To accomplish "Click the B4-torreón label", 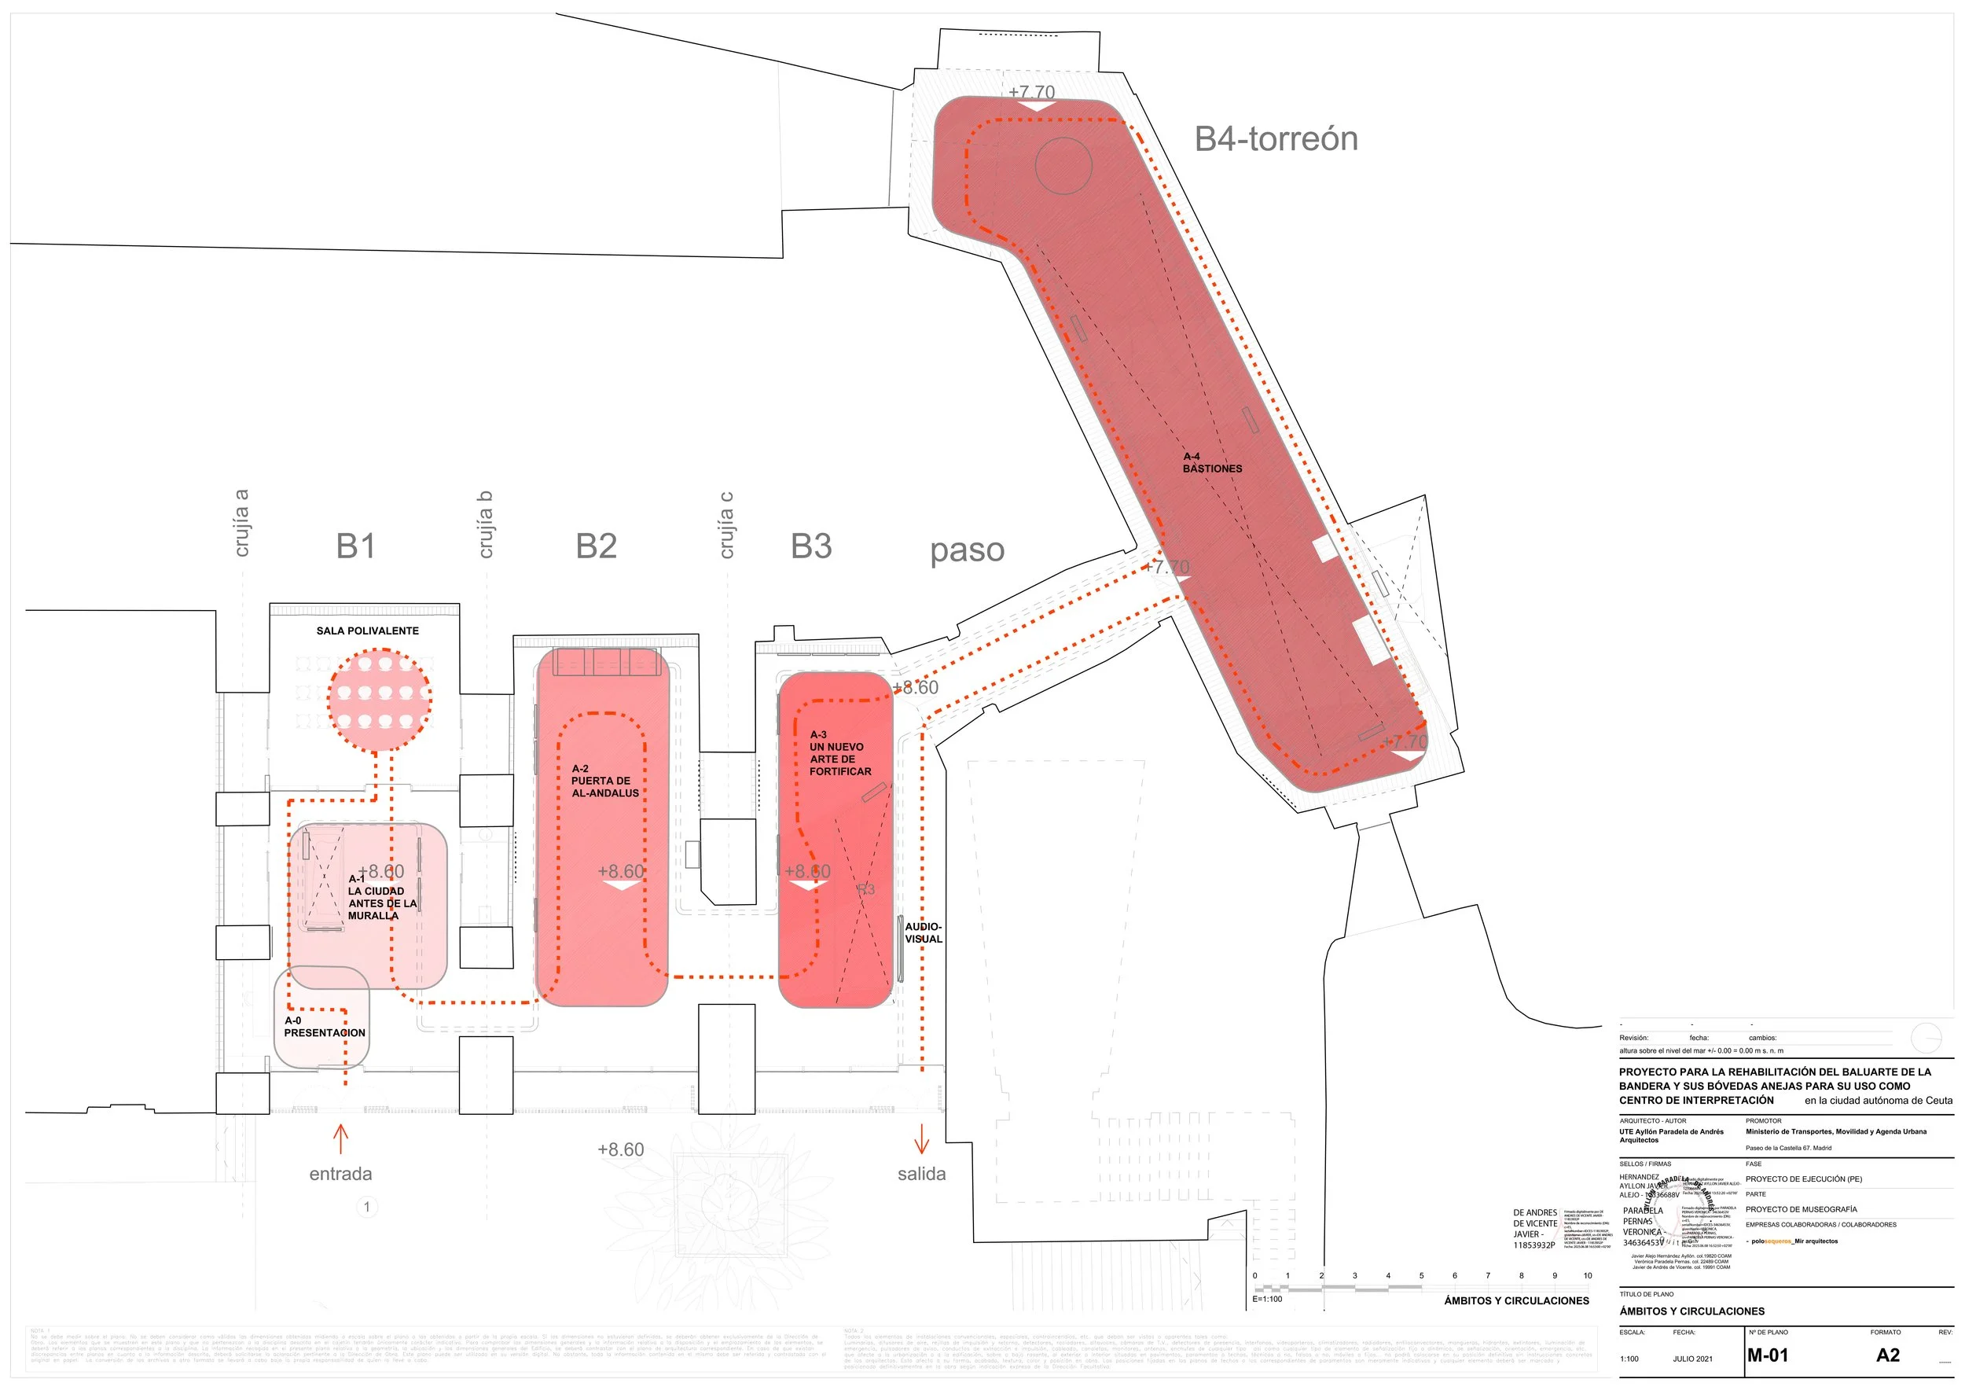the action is coord(1275,138).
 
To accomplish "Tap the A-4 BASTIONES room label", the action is coord(1212,463).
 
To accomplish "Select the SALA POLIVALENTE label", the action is coord(367,631).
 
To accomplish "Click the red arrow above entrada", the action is coord(340,1138).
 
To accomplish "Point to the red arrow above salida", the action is coord(922,1138).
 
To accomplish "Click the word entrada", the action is coord(340,1175).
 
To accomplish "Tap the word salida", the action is coord(922,1175).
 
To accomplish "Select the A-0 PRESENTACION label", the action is coord(325,1027).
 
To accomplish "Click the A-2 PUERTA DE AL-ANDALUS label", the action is coord(605,781).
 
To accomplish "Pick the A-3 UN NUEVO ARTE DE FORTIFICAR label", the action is coord(839,753).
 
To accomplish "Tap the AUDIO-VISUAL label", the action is coord(924,933).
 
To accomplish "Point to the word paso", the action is coord(967,550).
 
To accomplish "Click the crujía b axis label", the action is coord(485,524).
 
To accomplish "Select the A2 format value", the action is coord(1888,1355).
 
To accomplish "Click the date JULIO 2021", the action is coord(1693,1359).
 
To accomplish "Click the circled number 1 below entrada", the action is coord(367,1207).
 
